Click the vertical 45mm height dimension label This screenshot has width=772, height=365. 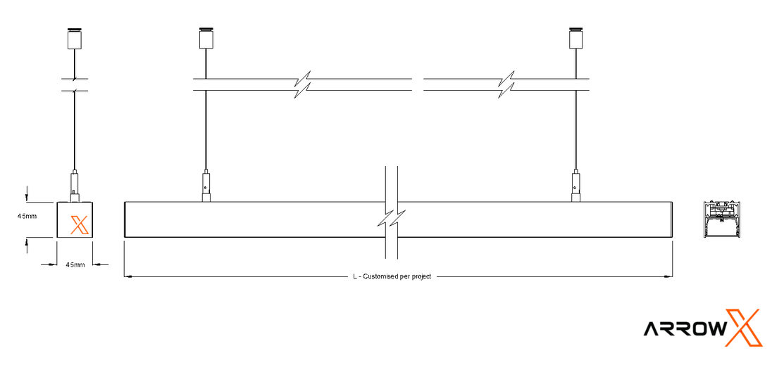point(27,216)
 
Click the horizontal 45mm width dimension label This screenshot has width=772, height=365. point(75,265)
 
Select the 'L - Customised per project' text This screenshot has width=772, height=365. point(392,276)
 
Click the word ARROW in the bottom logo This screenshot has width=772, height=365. point(685,328)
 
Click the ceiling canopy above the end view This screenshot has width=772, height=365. point(74,38)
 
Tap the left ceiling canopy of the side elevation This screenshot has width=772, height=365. point(206,38)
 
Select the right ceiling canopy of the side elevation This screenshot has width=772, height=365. point(575,38)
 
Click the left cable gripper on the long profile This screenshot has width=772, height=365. point(206,186)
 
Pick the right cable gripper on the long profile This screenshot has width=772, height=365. point(575,186)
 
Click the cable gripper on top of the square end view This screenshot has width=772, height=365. point(74,186)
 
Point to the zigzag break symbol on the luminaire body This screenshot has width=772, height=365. point(392,218)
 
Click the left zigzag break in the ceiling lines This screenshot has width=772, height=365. point(302,84)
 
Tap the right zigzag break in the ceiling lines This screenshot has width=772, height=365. point(507,84)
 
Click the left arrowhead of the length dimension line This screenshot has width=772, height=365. point(128,276)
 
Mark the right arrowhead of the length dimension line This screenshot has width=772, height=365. point(668,276)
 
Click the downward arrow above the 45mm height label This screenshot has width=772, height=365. point(27,194)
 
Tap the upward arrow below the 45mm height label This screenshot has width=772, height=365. point(27,245)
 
